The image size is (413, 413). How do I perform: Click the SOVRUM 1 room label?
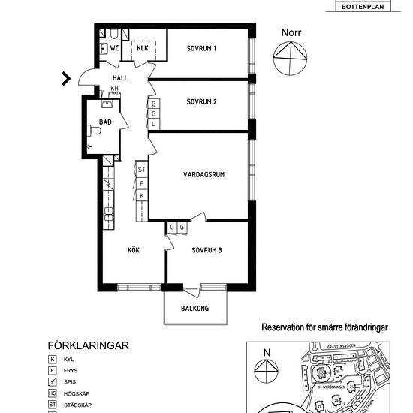(x=201, y=49)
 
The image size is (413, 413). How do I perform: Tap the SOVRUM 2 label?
(x=201, y=101)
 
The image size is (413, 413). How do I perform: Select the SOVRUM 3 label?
(x=206, y=250)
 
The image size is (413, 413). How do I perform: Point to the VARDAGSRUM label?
(x=204, y=175)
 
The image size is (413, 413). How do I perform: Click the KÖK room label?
(x=134, y=250)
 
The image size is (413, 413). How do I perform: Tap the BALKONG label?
(x=194, y=309)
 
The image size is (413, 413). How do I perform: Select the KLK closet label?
(x=143, y=49)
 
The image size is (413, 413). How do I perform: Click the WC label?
(x=115, y=49)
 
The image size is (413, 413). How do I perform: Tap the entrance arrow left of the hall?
(x=67, y=77)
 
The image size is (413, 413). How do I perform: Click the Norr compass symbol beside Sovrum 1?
(x=291, y=59)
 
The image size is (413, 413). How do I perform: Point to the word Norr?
(x=293, y=32)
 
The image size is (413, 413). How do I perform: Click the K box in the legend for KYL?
(x=53, y=360)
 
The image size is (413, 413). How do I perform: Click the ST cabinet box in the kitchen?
(x=141, y=170)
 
